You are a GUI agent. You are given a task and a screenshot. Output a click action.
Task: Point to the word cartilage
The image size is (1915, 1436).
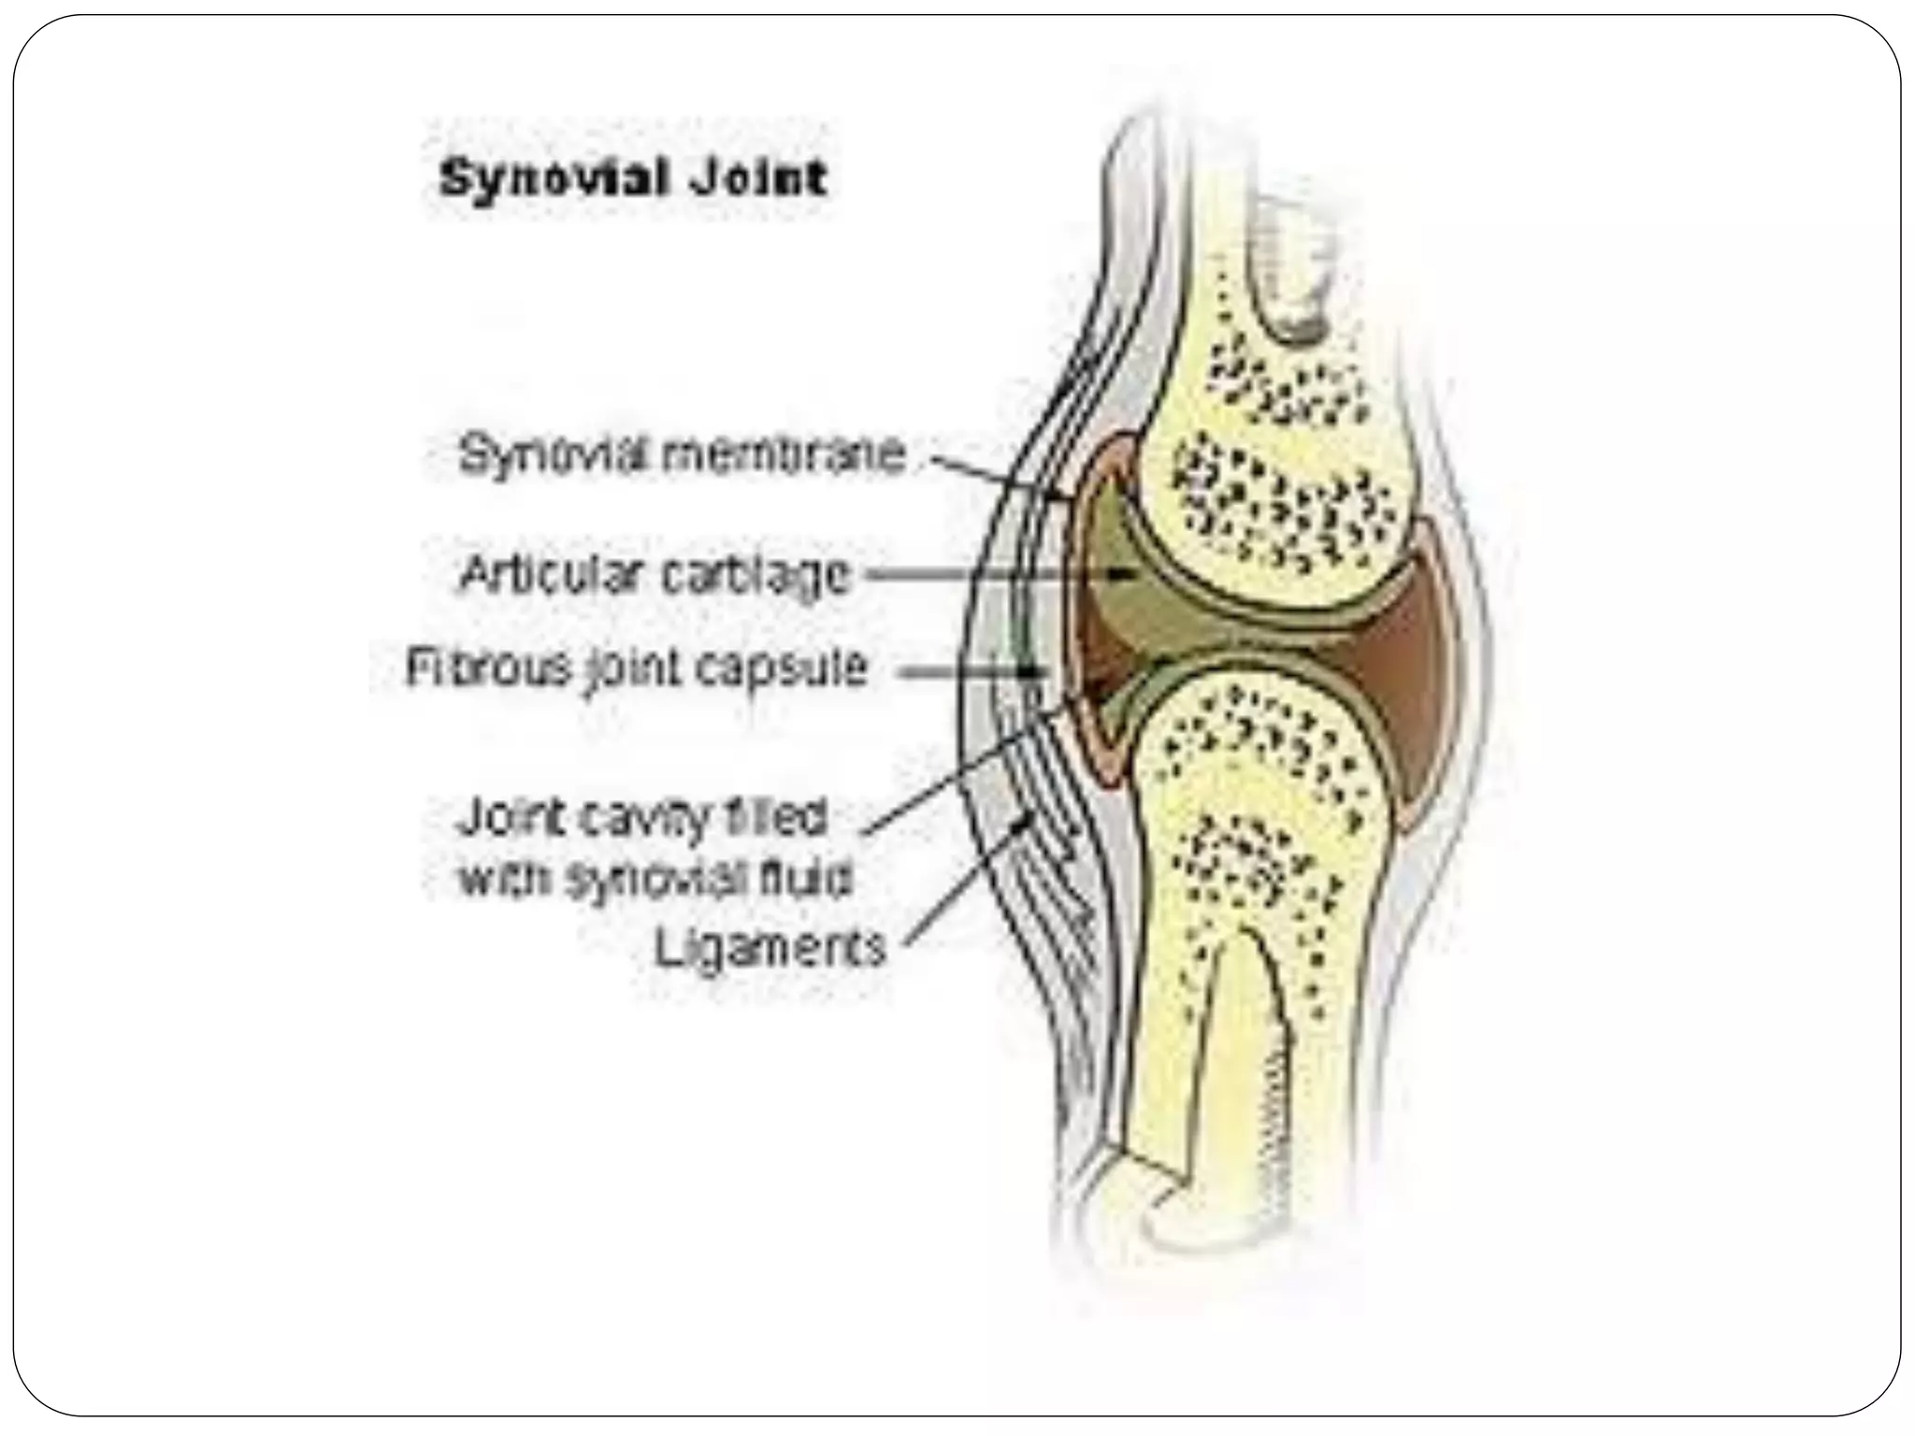[756, 576]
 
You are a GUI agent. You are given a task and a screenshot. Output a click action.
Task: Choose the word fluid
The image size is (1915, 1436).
[805, 879]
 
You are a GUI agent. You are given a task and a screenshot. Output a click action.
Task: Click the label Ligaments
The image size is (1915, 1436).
[769, 949]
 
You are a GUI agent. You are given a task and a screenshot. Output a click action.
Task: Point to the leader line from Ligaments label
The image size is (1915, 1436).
[963, 879]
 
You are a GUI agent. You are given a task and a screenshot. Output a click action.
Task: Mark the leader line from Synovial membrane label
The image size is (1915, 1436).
[991, 472]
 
